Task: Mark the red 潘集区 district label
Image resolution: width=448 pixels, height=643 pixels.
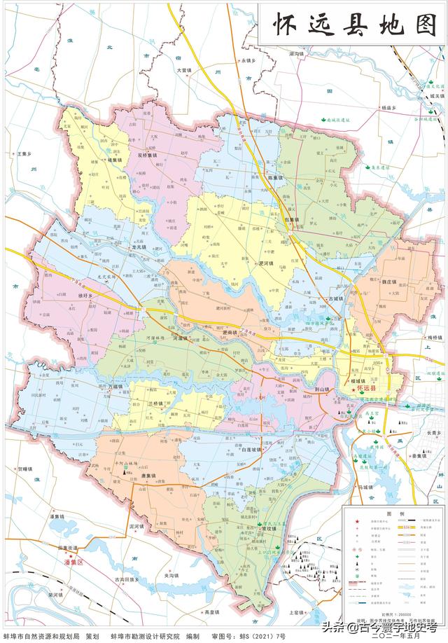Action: click(x=70, y=562)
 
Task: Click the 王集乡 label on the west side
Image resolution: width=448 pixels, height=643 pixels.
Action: click(x=25, y=153)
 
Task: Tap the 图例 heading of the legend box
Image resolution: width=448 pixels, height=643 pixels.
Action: click(x=396, y=514)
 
